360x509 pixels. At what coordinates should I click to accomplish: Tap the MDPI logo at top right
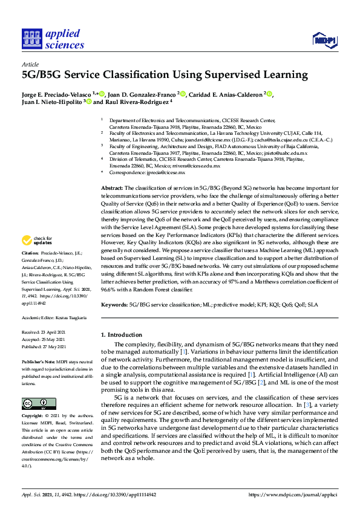coord(324,41)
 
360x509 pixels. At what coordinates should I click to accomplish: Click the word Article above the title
coord(30,63)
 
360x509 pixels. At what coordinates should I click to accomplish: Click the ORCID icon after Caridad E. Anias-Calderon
coord(270,94)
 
